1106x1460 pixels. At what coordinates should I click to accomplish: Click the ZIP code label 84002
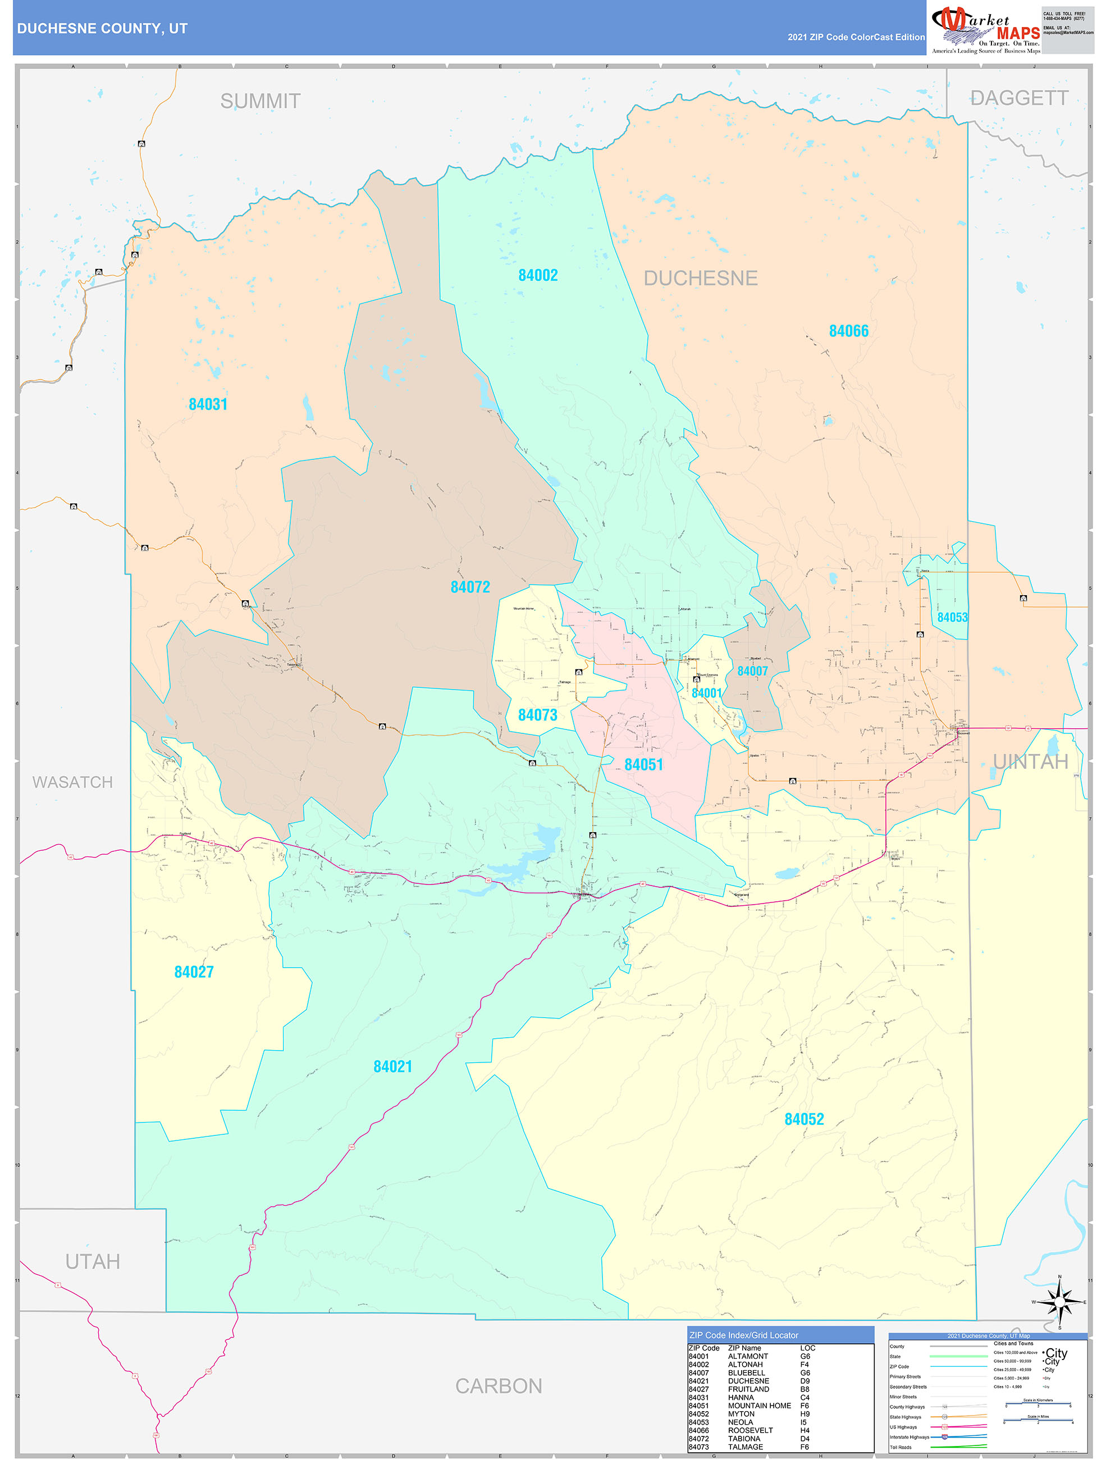click(538, 275)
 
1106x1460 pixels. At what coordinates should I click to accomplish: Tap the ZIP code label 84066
click(849, 331)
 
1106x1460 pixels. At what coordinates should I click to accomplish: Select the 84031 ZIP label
click(208, 405)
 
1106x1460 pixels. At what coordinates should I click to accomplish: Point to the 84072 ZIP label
click(470, 587)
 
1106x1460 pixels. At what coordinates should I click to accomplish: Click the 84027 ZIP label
click(194, 972)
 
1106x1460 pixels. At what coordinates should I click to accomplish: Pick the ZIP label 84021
click(392, 1067)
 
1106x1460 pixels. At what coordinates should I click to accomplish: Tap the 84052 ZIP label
click(804, 1119)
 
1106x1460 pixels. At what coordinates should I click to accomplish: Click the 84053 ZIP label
click(952, 618)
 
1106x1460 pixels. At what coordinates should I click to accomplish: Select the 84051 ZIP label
click(643, 765)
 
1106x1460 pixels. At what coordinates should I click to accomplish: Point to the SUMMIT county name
click(260, 102)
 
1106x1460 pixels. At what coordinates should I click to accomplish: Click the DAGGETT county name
click(1019, 98)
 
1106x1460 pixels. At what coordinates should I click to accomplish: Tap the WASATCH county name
click(72, 783)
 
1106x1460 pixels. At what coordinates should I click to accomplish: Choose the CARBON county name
click(499, 1386)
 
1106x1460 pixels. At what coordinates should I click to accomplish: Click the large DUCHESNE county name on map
click(700, 279)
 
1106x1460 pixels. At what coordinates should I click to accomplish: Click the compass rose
click(1059, 1303)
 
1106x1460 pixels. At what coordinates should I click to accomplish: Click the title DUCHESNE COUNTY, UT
click(102, 29)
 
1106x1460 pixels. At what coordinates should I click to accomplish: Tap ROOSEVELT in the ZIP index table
click(749, 1430)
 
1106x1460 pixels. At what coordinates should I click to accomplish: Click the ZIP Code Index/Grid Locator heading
click(744, 1335)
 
